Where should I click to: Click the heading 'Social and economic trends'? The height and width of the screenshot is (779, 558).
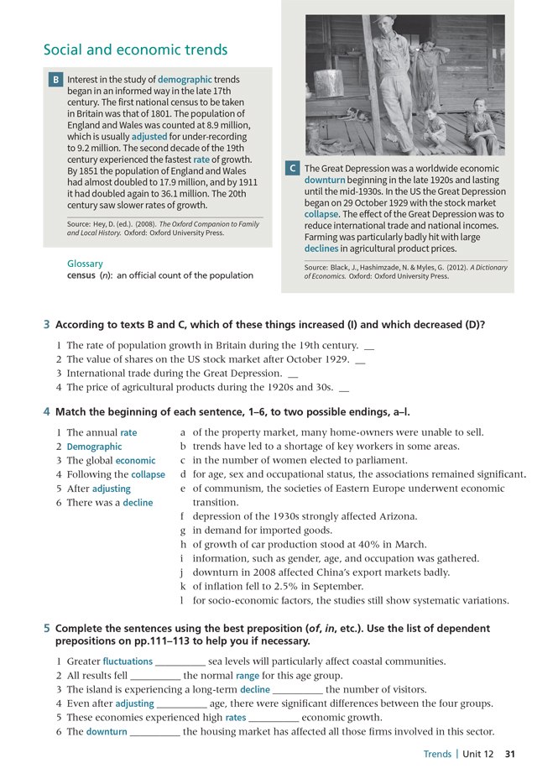click(135, 50)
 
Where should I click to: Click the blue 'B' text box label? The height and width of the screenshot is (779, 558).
click(55, 80)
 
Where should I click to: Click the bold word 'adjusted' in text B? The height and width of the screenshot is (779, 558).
click(149, 136)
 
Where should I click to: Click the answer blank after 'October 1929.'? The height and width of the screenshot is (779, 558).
click(362, 360)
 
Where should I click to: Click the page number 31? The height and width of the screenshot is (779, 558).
click(510, 754)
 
